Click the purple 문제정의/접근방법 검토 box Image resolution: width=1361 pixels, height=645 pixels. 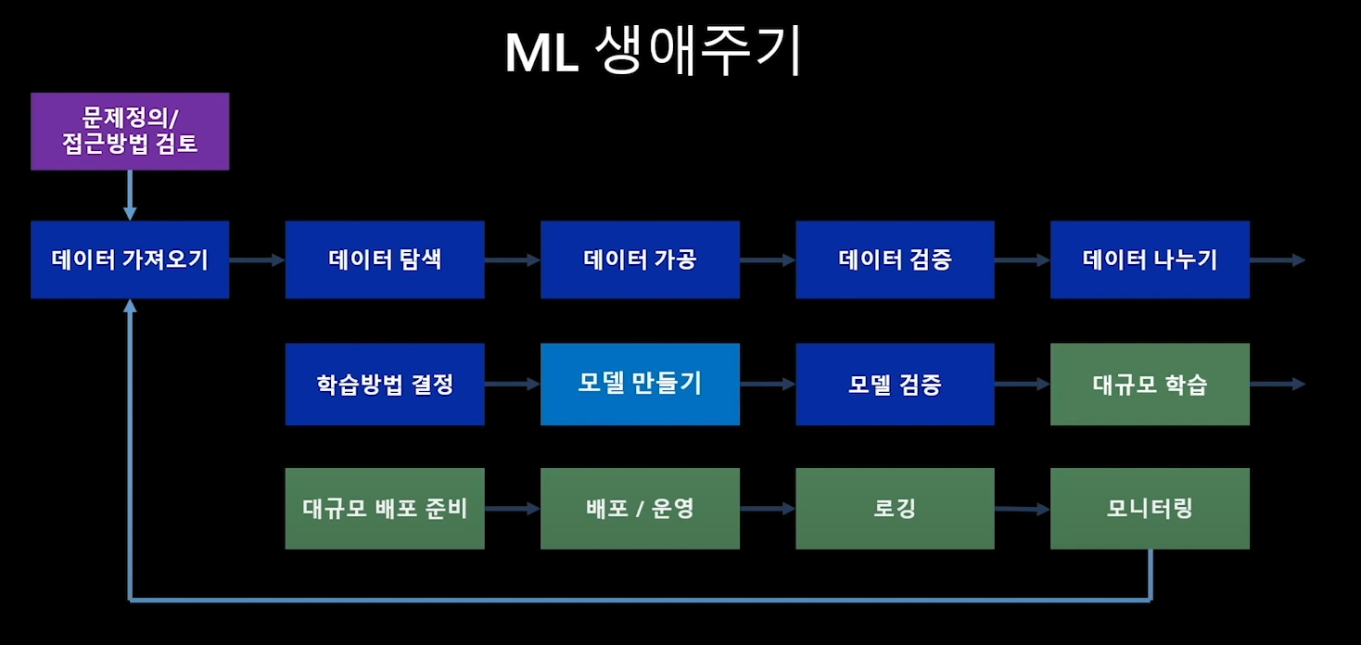tap(130, 132)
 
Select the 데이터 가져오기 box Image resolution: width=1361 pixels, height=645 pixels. tap(130, 259)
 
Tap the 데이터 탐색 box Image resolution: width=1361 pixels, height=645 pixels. tap(385, 259)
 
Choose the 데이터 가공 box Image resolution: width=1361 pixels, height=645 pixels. tap(640, 259)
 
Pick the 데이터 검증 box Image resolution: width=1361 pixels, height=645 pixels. tap(895, 259)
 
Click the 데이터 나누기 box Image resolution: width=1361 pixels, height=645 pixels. tap(1150, 259)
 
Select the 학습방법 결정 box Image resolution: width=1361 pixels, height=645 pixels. tap(385, 385)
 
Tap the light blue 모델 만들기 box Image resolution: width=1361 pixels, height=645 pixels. tap(640, 384)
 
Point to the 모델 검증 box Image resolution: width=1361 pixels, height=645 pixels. tap(895, 385)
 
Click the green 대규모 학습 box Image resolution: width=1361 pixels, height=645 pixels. tap(1150, 385)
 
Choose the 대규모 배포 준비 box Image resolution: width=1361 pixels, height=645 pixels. tap(385, 509)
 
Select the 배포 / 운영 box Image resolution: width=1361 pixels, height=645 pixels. tap(640, 509)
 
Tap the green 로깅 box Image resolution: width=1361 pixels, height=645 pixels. tap(895, 509)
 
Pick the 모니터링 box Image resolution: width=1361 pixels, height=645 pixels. tap(1150, 509)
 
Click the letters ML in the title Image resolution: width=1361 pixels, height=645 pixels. tap(541, 55)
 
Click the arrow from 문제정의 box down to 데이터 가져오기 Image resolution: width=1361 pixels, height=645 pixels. tap(130, 196)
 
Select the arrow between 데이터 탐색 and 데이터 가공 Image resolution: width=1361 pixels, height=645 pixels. tap(512, 260)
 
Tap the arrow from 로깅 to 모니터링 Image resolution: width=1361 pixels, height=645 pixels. tap(1022, 509)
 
